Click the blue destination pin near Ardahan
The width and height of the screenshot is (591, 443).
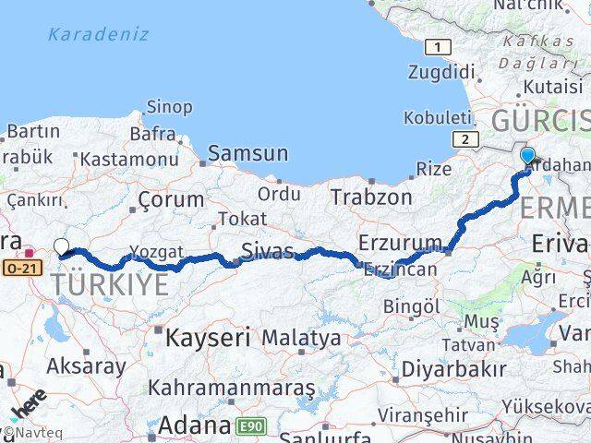point(527,155)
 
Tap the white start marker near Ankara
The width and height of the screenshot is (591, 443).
point(61,246)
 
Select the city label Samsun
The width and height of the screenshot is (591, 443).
point(247,153)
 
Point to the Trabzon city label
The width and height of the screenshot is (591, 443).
point(372,197)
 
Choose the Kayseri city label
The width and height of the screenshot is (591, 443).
point(208,338)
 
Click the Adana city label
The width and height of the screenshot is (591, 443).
point(194,425)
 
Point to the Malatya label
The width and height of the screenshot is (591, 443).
point(301,339)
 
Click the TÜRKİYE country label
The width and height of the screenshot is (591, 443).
point(110,285)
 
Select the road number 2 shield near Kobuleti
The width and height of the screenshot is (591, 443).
point(464,138)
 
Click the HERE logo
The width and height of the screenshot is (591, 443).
point(28,407)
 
